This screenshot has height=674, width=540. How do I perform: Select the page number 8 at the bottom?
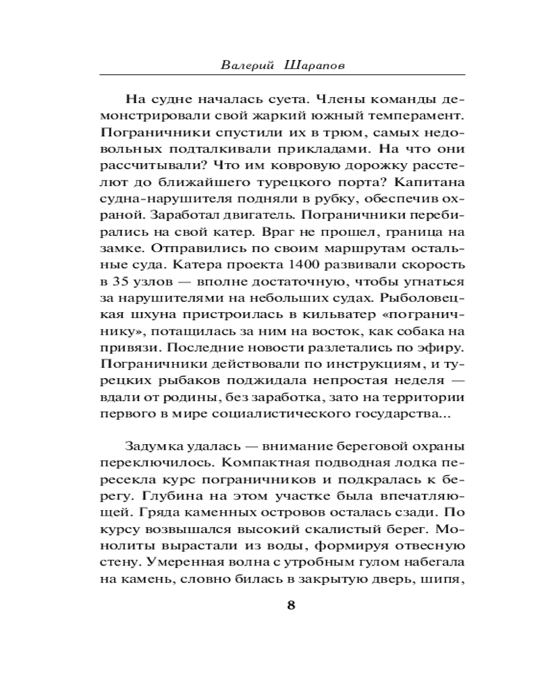[291, 604]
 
